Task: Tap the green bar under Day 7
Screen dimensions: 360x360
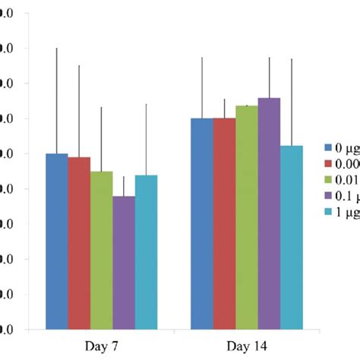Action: tap(101, 251)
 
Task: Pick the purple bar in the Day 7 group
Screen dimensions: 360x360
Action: tap(124, 263)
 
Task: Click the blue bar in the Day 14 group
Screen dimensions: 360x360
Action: tap(201, 224)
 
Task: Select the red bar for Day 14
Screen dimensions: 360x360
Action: tap(224, 224)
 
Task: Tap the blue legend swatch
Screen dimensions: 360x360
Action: tap(329, 148)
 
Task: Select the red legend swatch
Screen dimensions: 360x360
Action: tap(329, 164)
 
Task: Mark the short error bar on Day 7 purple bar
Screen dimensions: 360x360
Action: tap(124, 186)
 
